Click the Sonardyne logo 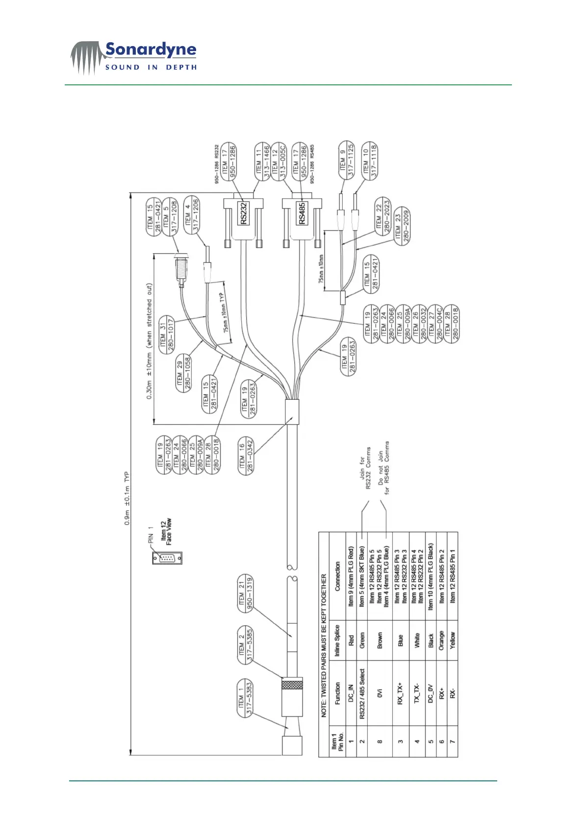pos(133,57)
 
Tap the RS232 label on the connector pos(244,213)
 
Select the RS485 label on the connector pos(302,213)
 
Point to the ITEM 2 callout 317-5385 pos(245,645)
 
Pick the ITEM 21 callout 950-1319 pos(245,593)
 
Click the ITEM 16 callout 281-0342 pos(246,455)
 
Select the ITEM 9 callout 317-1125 pos(347,160)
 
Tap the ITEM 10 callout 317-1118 pos(370,160)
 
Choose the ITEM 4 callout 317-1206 pos(191,214)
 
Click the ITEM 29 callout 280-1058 pos(183,374)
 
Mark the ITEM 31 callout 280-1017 pos(167,334)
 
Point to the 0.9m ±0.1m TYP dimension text pos(127,498)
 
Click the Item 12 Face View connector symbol pos(167,558)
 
